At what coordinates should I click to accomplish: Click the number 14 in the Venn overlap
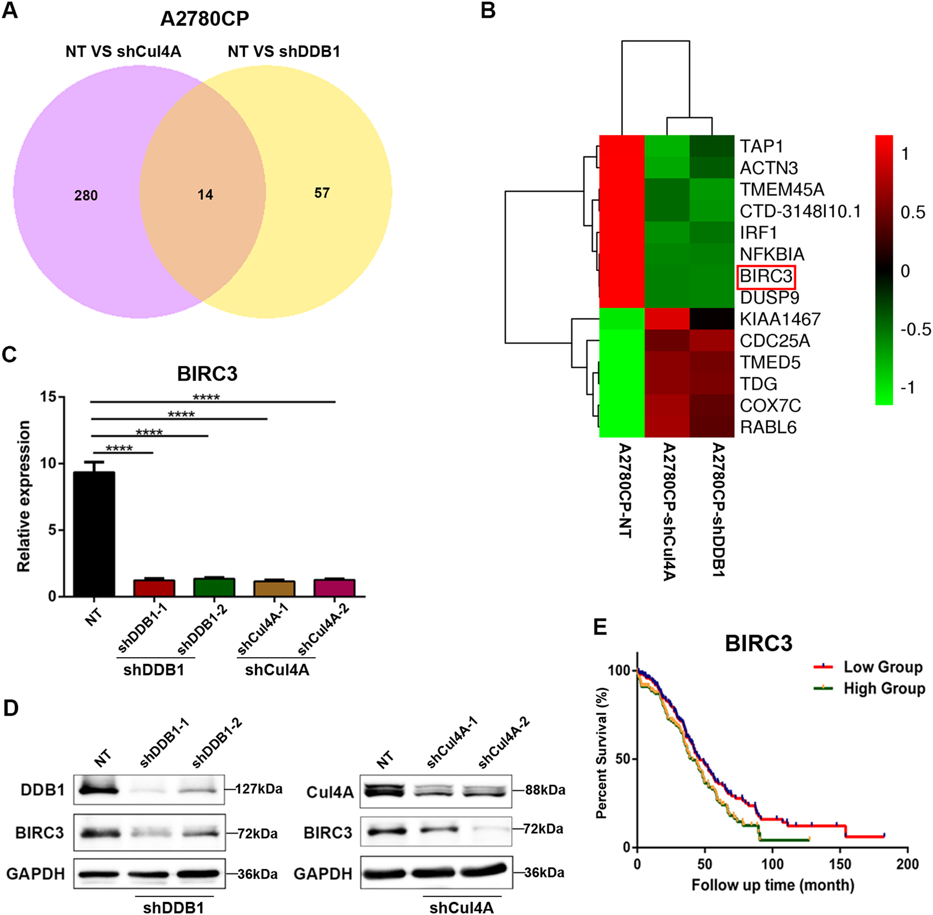[205, 194]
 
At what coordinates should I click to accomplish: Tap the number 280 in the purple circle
[86, 195]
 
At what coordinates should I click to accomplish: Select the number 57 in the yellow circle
[322, 193]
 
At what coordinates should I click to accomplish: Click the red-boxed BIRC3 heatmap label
[766, 276]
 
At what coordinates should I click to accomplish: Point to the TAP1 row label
[761, 146]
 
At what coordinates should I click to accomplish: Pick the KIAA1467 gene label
[780, 319]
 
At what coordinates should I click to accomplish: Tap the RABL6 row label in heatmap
[768, 427]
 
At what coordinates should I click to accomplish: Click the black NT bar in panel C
[94, 534]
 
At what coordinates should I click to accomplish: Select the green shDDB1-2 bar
[214, 587]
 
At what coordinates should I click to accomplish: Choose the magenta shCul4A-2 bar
[335, 588]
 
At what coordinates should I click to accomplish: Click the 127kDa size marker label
[259, 789]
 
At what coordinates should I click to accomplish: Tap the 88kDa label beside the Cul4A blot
[545, 790]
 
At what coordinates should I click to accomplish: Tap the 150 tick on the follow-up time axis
[840, 864]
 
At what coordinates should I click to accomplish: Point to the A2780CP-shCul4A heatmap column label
[669, 511]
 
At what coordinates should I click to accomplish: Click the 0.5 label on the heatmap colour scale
[913, 213]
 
